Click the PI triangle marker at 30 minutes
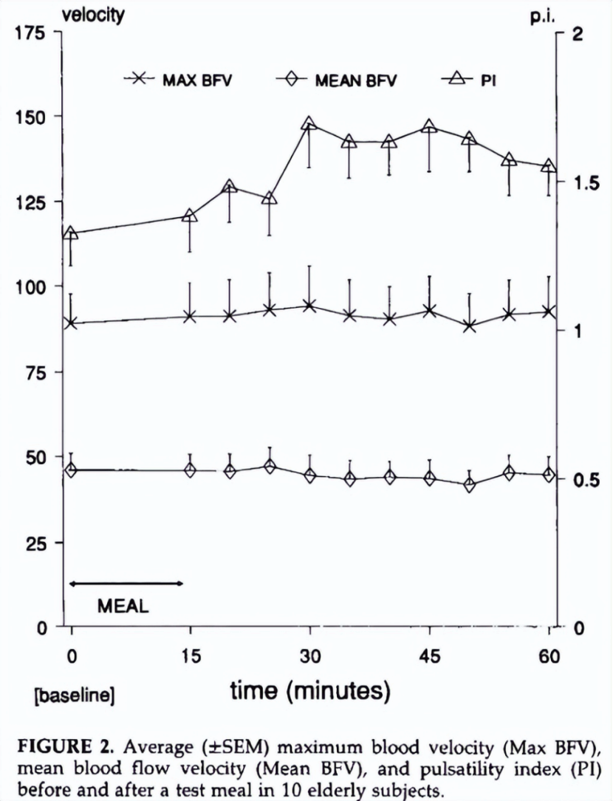pyautogui.click(x=309, y=124)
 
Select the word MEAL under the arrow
pyautogui.click(x=123, y=607)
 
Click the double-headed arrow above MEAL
pyautogui.click(x=126, y=583)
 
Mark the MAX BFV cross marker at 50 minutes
pyautogui.click(x=469, y=326)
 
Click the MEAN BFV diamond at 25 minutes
pyautogui.click(x=270, y=467)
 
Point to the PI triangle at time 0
pyautogui.click(x=71, y=234)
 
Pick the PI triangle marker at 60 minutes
pyautogui.click(x=549, y=166)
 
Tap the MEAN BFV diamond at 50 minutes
pyautogui.click(x=469, y=485)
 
